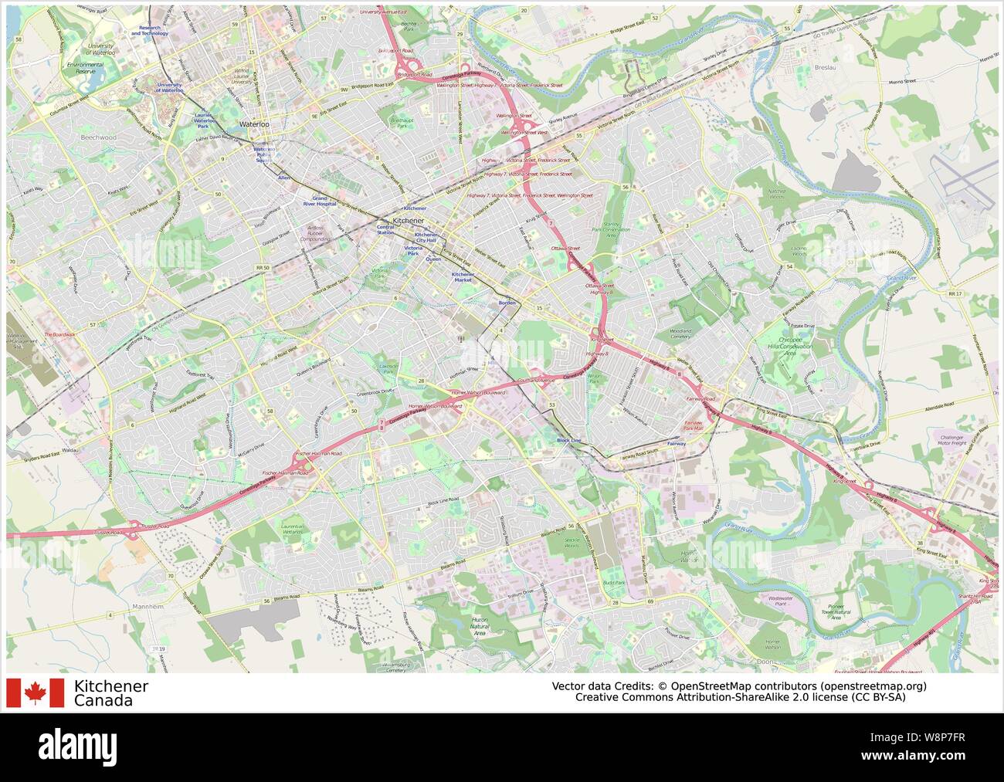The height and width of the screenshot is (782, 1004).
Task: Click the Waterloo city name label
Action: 254,124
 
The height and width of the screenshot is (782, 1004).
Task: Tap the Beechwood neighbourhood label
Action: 97,136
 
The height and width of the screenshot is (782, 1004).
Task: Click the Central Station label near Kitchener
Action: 385,229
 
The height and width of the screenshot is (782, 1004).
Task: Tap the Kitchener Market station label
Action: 462,276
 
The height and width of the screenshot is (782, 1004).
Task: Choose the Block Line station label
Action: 568,440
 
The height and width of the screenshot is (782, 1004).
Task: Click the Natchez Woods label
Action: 776,194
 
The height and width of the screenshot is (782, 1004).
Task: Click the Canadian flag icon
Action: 35,692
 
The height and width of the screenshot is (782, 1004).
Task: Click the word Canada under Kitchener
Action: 103,701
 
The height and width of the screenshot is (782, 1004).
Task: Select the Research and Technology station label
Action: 149,30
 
